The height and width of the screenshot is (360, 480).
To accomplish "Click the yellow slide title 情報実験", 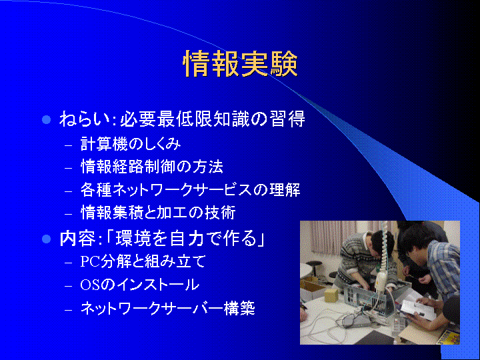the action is (240, 64).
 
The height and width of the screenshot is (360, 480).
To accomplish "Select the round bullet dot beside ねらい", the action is (46, 119).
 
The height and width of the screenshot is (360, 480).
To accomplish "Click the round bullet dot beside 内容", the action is (46, 239).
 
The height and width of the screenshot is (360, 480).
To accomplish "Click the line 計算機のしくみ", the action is (131, 144).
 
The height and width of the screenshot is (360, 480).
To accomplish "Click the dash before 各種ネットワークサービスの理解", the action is (69, 191).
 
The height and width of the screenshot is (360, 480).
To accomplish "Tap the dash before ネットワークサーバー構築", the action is (69, 310).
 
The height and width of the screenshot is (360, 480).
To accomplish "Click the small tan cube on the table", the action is (331, 295).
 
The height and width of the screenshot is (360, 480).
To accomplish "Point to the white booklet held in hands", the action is (418, 309).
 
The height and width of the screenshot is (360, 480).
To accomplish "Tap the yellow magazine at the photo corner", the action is (449, 337).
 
